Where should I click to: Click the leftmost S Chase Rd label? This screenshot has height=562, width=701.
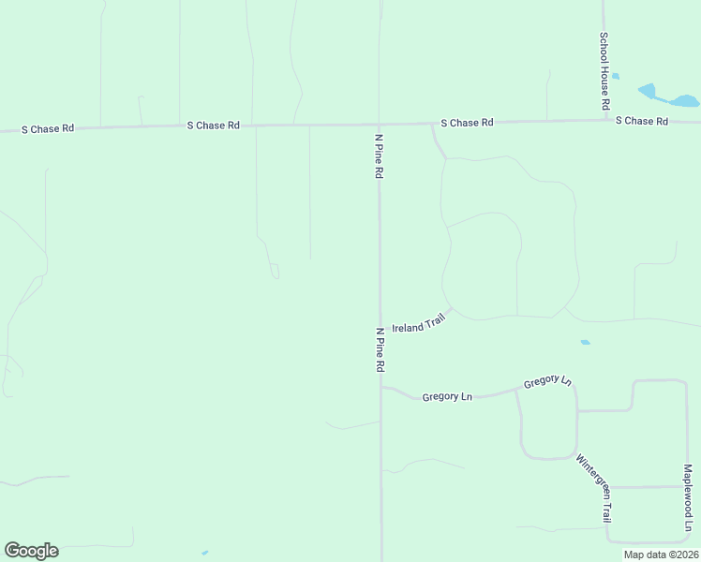(x=48, y=128)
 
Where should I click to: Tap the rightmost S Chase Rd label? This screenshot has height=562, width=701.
(x=642, y=122)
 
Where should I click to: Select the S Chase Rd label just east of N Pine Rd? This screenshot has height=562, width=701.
(x=468, y=123)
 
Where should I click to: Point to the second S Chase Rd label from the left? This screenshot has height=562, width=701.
(x=214, y=125)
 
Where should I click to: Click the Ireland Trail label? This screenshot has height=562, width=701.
(x=418, y=325)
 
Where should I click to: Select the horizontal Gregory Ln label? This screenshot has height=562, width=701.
(x=447, y=397)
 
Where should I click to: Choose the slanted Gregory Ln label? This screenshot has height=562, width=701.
(x=547, y=382)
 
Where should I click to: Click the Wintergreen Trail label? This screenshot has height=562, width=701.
(x=594, y=488)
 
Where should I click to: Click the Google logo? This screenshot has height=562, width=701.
(x=31, y=551)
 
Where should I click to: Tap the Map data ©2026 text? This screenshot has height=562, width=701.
(x=660, y=555)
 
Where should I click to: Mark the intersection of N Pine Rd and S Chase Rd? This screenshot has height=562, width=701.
(x=379, y=124)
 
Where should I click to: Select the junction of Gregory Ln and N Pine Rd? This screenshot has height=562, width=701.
(x=380, y=386)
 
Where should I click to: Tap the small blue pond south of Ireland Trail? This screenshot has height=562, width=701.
(x=585, y=342)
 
